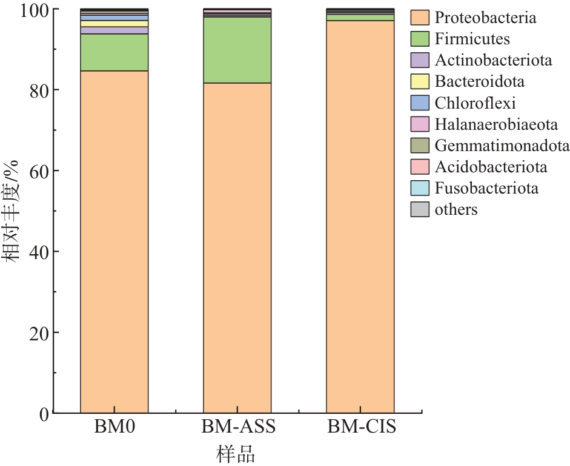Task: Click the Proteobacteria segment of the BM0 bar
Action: click(114, 243)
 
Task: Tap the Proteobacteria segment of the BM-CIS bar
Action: click(360, 218)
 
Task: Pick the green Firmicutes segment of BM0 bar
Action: click(114, 52)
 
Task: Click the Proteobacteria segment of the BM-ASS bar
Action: click(237, 249)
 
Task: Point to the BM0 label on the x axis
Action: click(114, 427)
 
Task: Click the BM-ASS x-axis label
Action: click(238, 427)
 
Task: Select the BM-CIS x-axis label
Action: click(362, 427)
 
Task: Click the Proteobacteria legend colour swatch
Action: click(420, 18)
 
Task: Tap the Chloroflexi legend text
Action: click(475, 103)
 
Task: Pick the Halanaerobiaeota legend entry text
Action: click(495, 124)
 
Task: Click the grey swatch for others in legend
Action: click(420, 209)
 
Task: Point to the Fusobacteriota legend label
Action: click(486, 188)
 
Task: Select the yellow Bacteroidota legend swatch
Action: click(420, 82)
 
